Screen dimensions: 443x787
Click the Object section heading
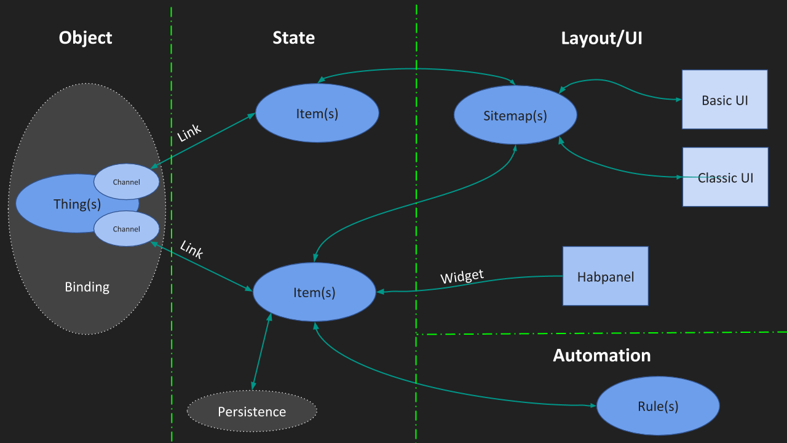(85, 38)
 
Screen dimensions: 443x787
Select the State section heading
(293, 38)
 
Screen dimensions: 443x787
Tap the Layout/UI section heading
(601, 38)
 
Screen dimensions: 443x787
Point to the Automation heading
(601, 356)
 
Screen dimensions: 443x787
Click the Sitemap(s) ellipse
(515, 116)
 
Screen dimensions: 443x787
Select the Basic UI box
(724, 100)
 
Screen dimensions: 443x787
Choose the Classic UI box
(725, 177)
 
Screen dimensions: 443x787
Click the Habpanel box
(605, 276)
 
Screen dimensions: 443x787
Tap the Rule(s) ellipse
(658, 406)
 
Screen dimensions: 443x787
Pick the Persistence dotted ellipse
(252, 412)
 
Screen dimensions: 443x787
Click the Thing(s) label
(76, 204)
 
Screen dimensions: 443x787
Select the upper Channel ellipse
(127, 182)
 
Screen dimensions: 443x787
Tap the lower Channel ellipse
(127, 229)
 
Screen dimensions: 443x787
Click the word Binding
(87, 287)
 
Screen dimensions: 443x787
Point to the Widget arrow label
(462, 276)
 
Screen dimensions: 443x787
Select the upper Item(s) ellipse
(317, 113)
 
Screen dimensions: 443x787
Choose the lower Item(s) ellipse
(314, 292)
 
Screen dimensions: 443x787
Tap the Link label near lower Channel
(191, 249)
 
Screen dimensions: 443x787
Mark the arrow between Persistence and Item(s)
(261, 352)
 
